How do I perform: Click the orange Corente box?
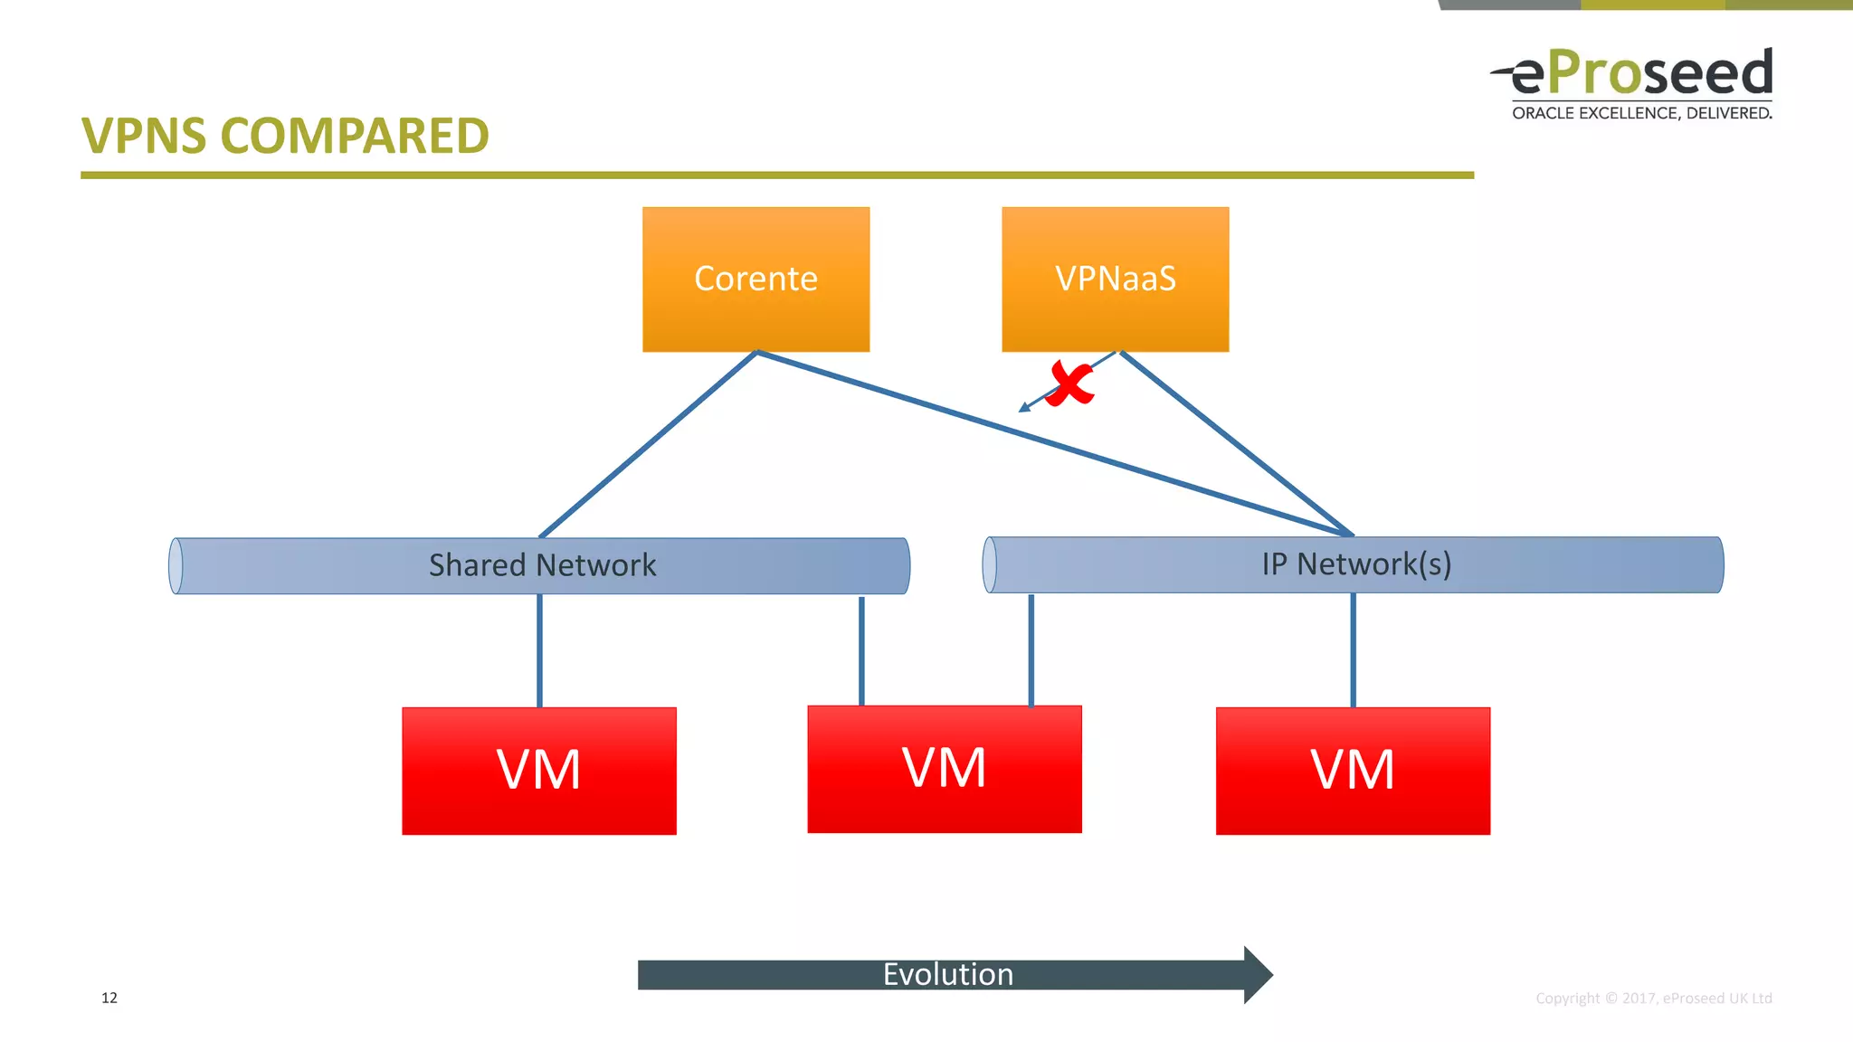pos(755,279)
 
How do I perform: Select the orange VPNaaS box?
pos(1115,279)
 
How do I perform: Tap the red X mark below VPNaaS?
pos(1071,384)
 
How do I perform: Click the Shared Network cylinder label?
pos(542,565)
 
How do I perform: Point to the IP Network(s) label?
pos(1356,564)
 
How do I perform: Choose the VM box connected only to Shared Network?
pos(539,771)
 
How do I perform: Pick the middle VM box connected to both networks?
pos(944,769)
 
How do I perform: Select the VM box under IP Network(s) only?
pos(1353,771)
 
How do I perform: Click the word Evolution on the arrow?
pos(947,974)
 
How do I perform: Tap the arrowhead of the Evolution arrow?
pos(1258,975)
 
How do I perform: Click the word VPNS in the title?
pos(144,137)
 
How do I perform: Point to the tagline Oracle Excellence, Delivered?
pos(1641,113)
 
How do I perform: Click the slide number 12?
pos(109,998)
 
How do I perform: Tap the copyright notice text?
pos(1653,998)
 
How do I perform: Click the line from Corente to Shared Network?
pos(648,444)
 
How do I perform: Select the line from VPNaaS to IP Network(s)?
pos(1236,443)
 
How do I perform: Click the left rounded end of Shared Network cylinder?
pos(176,566)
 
